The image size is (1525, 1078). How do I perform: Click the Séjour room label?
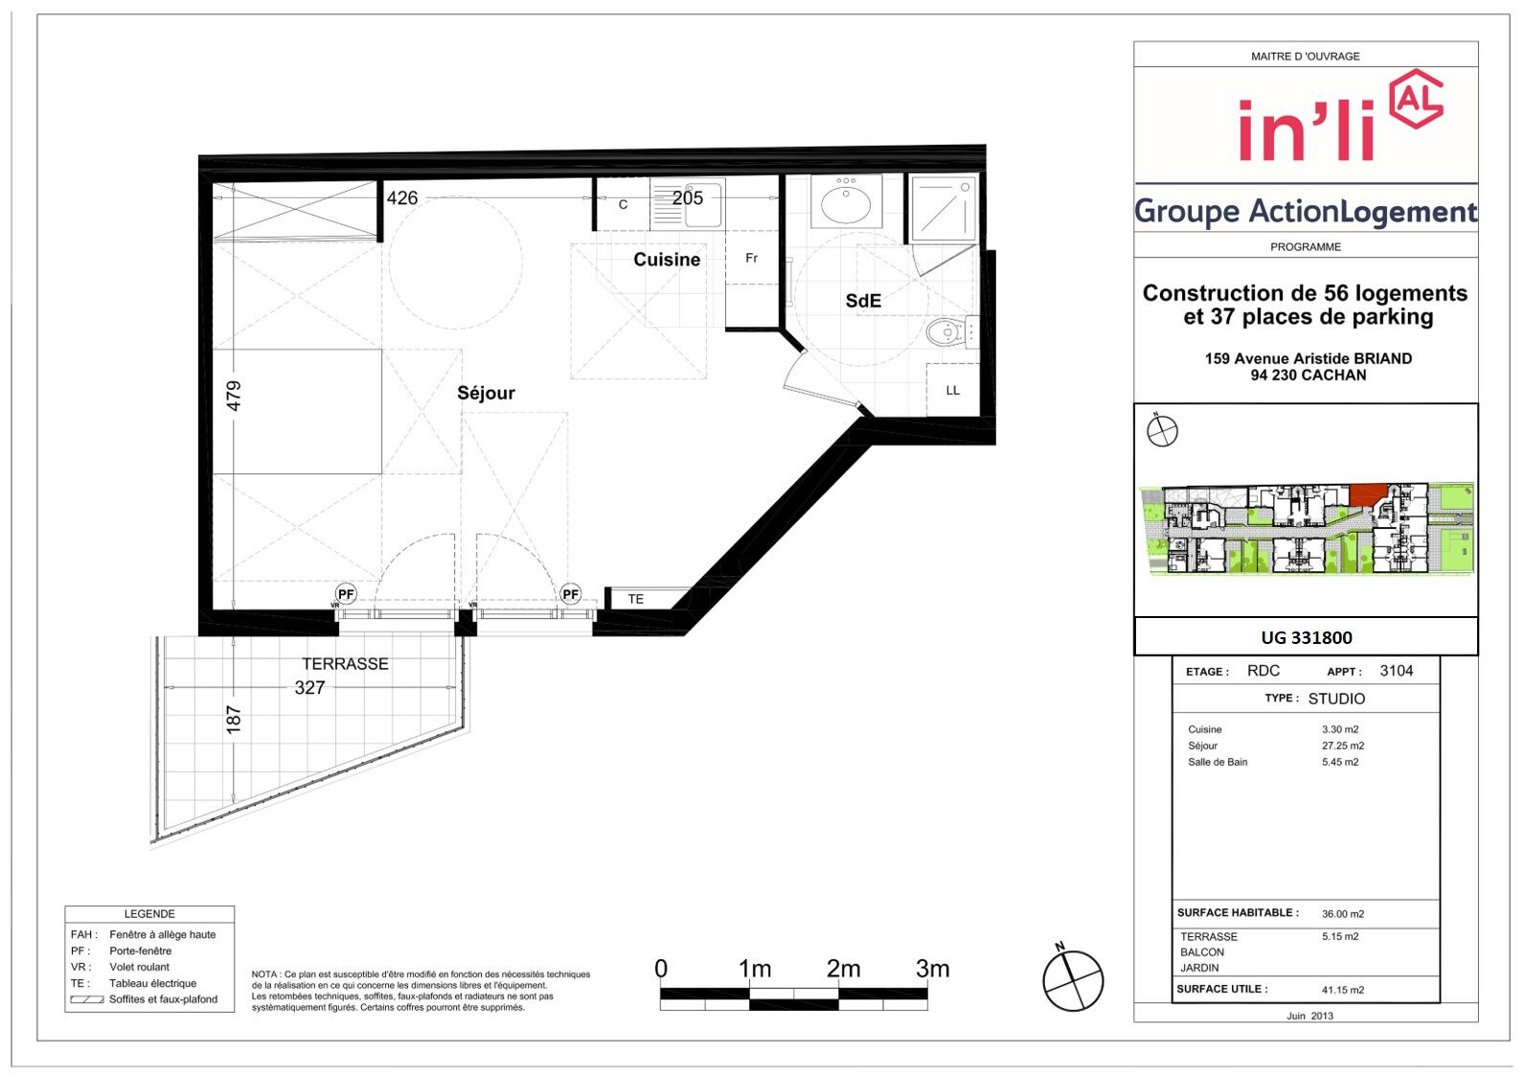pos(486,393)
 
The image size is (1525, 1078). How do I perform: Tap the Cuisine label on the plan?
pos(667,260)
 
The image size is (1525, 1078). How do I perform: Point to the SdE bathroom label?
pos(863,301)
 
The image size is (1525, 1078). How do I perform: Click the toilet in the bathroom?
pos(951,333)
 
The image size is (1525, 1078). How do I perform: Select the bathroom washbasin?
pos(846,202)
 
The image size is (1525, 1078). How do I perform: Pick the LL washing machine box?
pos(952,390)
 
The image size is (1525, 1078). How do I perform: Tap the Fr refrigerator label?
pos(752,258)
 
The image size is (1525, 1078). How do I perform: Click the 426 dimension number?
pos(401,198)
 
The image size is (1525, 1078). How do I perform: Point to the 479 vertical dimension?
pos(234,396)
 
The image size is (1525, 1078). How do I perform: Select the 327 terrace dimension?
pos(309,688)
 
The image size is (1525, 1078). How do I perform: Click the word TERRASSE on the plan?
pos(345,664)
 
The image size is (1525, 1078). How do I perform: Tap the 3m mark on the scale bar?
pos(932,969)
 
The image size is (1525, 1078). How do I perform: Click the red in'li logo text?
pos(1307,130)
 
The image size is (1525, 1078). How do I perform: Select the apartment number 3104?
pos(1397,671)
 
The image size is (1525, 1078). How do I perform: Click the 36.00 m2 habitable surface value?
pos(1343,914)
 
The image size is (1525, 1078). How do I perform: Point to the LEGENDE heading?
pos(149,914)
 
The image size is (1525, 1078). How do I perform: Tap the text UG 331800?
pos(1307,637)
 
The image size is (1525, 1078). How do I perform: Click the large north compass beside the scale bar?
pos(1073,980)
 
